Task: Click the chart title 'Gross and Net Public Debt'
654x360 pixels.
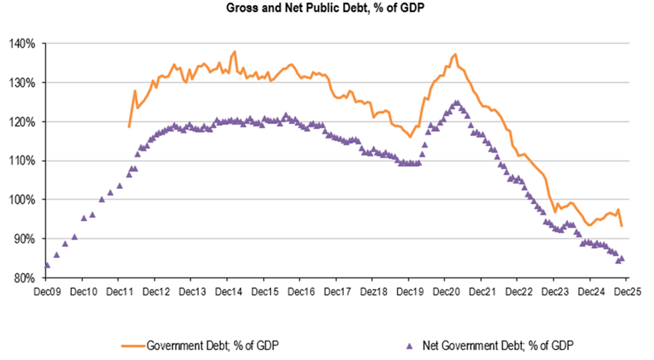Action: click(x=327, y=9)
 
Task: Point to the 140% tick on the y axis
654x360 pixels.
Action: click(x=24, y=43)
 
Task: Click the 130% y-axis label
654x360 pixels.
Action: click(x=24, y=83)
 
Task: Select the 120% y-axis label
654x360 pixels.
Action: click(x=24, y=122)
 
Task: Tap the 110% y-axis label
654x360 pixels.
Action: click(x=24, y=161)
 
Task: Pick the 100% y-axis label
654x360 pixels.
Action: click(x=24, y=200)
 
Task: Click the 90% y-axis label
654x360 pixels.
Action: click(x=26, y=239)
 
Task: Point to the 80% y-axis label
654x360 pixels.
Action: click(x=26, y=278)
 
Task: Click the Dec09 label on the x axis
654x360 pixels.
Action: click(x=46, y=292)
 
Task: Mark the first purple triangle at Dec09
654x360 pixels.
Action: click(x=46, y=265)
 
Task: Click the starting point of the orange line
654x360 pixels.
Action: click(x=129, y=127)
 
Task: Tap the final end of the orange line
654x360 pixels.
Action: click(x=622, y=226)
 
